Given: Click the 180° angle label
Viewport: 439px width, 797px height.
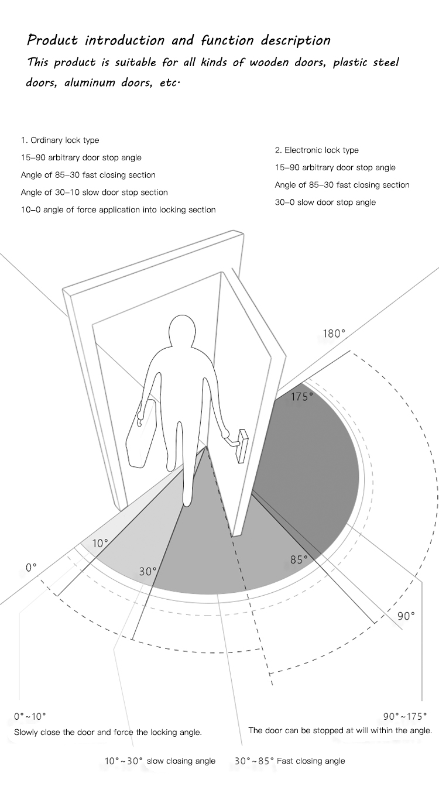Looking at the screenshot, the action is [334, 334].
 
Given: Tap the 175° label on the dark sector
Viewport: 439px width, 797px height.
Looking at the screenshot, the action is [302, 397].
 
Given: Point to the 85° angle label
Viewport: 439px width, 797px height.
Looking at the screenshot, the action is [299, 560].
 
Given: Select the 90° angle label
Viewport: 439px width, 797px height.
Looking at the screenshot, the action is [406, 616].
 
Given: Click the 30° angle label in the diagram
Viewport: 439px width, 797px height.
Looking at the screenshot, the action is [148, 572].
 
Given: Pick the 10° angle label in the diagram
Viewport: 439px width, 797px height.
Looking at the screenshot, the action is [100, 544].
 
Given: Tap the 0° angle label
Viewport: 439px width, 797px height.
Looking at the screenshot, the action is [31, 568].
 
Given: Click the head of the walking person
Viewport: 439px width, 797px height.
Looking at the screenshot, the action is [182, 331].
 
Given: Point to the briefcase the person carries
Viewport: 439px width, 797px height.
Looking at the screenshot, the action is [142, 432].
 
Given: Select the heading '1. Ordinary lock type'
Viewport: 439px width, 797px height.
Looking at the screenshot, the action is [60, 140].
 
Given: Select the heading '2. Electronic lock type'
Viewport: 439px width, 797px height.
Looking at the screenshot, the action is [317, 150].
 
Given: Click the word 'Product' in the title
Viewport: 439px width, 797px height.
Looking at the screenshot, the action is [52, 40].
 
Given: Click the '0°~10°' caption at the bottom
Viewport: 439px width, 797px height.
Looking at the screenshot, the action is [30, 717].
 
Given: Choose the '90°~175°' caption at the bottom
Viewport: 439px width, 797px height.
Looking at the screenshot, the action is [405, 717].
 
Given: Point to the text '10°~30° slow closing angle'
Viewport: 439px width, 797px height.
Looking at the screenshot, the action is [160, 761].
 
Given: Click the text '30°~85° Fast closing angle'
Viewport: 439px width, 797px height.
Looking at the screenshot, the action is [290, 761].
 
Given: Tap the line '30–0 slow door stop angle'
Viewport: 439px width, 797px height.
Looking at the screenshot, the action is [325, 202].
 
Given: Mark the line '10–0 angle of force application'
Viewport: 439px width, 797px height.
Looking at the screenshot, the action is [118, 210].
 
